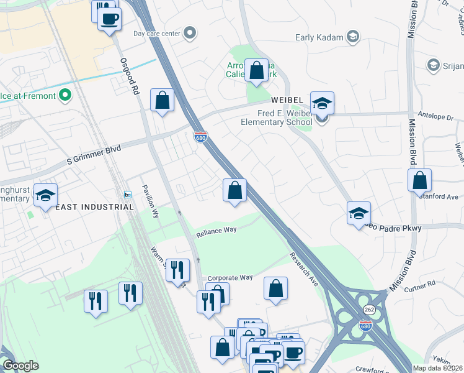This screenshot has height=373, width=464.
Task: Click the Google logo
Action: click(20, 366)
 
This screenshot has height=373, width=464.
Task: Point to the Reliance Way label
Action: click(216, 231)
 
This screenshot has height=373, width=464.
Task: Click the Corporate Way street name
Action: click(230, 278)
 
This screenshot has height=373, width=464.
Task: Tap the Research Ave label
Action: click(304, 269)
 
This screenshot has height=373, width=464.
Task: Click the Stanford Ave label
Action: click(442, 196)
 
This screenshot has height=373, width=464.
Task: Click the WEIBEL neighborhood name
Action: click(286, 101)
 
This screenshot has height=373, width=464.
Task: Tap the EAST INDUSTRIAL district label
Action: click(94, 207)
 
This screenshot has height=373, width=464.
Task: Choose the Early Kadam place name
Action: click(319, 37)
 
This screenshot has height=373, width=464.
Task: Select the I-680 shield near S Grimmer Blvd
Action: click(200, 136)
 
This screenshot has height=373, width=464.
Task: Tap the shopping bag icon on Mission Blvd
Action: click(420, 181)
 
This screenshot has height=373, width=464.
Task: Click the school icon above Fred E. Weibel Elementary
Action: click(322, 103)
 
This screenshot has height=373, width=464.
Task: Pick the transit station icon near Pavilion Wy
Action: click(128, 195)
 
